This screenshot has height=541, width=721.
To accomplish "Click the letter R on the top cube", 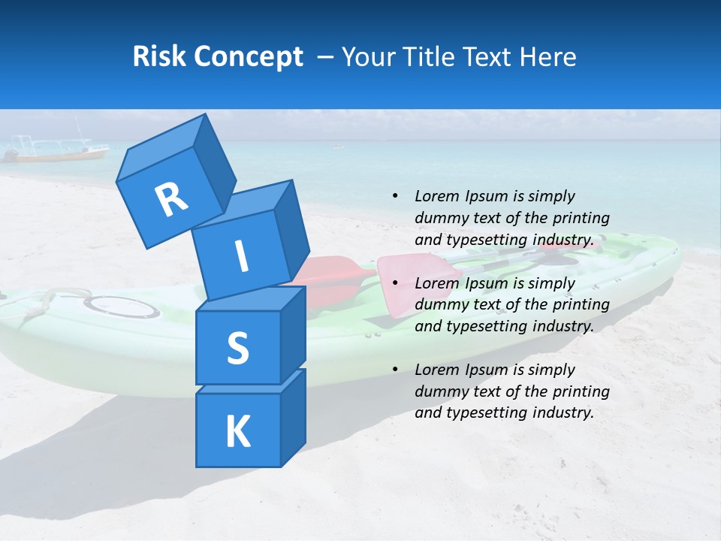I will (171, 200).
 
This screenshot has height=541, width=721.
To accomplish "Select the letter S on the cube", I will (237, 348).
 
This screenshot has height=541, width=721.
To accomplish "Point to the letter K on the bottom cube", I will (237, 432).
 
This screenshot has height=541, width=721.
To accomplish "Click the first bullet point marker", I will (395, 197).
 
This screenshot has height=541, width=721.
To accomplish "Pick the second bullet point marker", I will (395, 283).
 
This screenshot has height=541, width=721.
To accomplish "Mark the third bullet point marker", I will (395, 370).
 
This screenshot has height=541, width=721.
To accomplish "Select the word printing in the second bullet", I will (581, 304).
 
